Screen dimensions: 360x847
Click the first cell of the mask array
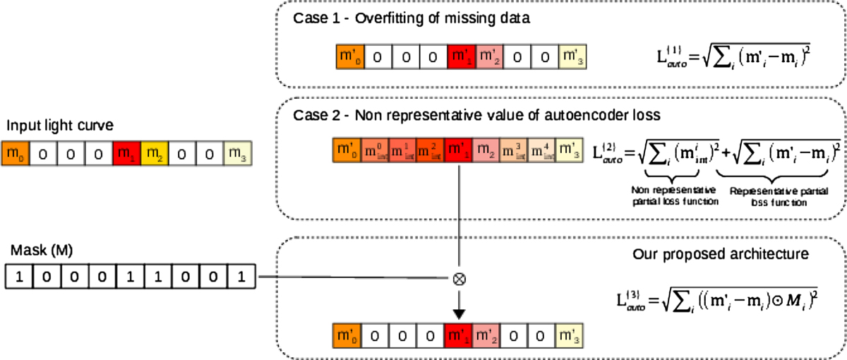click(19, 275)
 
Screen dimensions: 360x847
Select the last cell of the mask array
click(240, 275)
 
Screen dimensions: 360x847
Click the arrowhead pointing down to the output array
click(461, 311)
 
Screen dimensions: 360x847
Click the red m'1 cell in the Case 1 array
click(461, 56)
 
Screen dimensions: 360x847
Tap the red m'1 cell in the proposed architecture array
click(461, 335)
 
